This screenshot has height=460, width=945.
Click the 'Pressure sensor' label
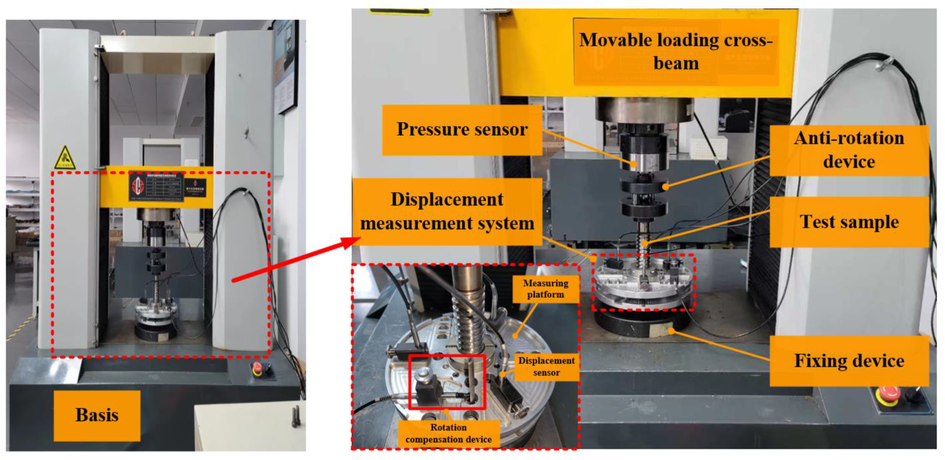point(462,130)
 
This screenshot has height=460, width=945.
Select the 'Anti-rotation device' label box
point(848,150)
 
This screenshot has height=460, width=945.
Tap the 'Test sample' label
point(848,222)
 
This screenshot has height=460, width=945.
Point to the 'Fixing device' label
point(848,361)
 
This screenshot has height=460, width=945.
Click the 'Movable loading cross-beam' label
point(676,52)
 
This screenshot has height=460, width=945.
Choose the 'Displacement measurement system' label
point(447,211)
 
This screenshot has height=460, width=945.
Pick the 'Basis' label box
point(97,415)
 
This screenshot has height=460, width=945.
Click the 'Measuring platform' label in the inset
point(545,289)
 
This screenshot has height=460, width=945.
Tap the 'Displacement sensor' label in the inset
point(546,366)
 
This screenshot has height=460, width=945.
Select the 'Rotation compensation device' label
point(448,434)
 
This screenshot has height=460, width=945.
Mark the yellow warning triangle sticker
point(65,158)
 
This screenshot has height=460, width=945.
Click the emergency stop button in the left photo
point(257,369)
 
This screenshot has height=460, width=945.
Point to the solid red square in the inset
point(447,382)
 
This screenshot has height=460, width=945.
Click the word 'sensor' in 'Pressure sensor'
point(500,130)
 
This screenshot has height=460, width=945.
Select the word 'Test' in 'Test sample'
point(817,222)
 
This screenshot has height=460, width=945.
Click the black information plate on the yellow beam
point(157,187)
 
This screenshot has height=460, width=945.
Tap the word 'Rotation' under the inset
point(448,428)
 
